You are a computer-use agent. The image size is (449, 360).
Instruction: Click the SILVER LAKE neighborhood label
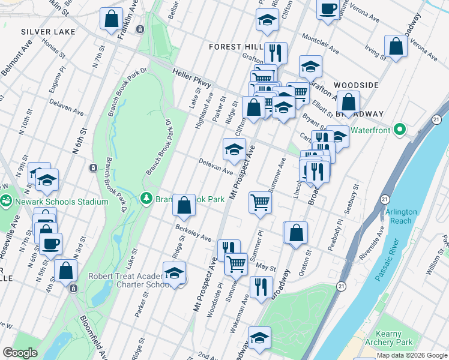(x=48, y=31)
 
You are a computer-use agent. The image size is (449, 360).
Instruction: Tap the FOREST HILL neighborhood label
(x=234, y=47)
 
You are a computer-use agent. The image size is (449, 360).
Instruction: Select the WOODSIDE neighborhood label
(x=356, y=86)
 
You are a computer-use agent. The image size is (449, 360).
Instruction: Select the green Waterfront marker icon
(x=399, y=130)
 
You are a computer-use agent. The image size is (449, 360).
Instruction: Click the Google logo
(x=20, y=353)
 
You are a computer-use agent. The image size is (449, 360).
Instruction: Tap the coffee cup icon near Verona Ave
(x=328, y=9)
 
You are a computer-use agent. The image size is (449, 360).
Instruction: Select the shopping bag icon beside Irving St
(x=396, y=46)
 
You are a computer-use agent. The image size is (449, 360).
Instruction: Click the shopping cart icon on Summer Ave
(x=260, y=203)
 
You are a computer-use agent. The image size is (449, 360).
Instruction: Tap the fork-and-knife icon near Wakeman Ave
(x=260, y=286)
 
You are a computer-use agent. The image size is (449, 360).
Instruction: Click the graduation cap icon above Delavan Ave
(x=234, y=149)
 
